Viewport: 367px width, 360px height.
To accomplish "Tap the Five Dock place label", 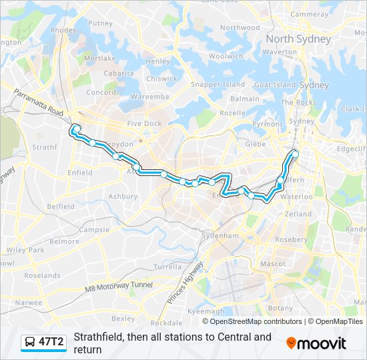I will click(x=144, y=123).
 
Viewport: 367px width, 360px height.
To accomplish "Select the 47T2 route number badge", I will click(x=51, y=342).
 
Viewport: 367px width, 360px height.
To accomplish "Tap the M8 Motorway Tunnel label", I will click(x=118, y=287).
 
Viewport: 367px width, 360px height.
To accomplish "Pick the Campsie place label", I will click(x=94, y=229).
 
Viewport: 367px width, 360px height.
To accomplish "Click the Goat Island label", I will click(x=274, y=85).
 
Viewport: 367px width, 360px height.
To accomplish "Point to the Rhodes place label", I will click(x=63, y=30).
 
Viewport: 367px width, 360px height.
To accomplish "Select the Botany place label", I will click(x=280, y=308).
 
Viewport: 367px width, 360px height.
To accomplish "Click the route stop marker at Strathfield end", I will click(x=75, y=129).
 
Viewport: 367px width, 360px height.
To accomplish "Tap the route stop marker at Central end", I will click(x=294, y=155).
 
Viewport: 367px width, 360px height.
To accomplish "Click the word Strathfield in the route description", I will click(x=99, y=337).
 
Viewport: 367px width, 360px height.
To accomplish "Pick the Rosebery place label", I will click(x=291, y=239).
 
